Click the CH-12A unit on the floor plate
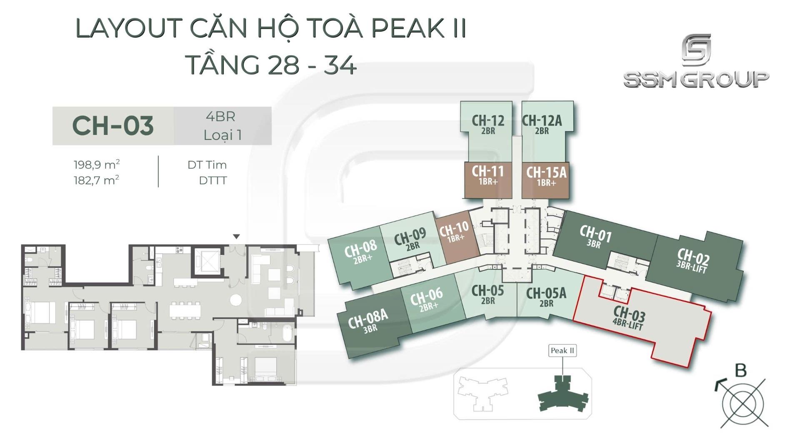(x=542, y=125)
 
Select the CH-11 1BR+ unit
(x=487, y=175)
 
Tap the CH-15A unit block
(x=546, y=176)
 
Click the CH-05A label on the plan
(x=546, y=296)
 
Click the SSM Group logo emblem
(x=696, y=51)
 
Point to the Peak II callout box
(x=562, y=351)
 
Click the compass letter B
(x=740, y=371)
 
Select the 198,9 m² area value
(x=97, y=165)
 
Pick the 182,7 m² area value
(x=96, y=180)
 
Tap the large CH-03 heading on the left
(x=113, y=126)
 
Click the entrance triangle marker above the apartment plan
(x=236, y=237)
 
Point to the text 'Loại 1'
(x=222, y=135)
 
